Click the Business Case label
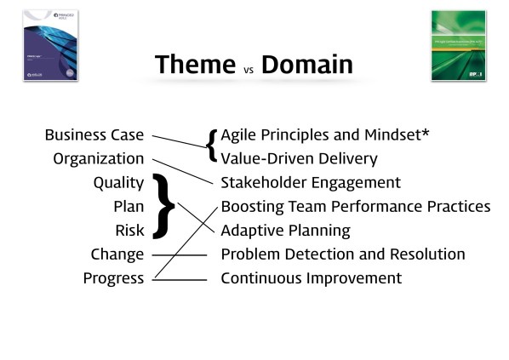tap(94, 134)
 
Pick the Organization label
tap(99, 158)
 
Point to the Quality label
tap(118, 182)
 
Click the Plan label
tap(129, 206)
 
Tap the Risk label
tap(129, 230)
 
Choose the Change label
tap(117, 254)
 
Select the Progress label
tap(113, 277)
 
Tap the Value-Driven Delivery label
tap(299, 158)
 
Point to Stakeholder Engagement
tap(310, 182)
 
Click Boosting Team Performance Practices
tap(355, 206)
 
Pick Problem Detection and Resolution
tap(342, 254)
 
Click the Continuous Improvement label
tap(311, 277)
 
